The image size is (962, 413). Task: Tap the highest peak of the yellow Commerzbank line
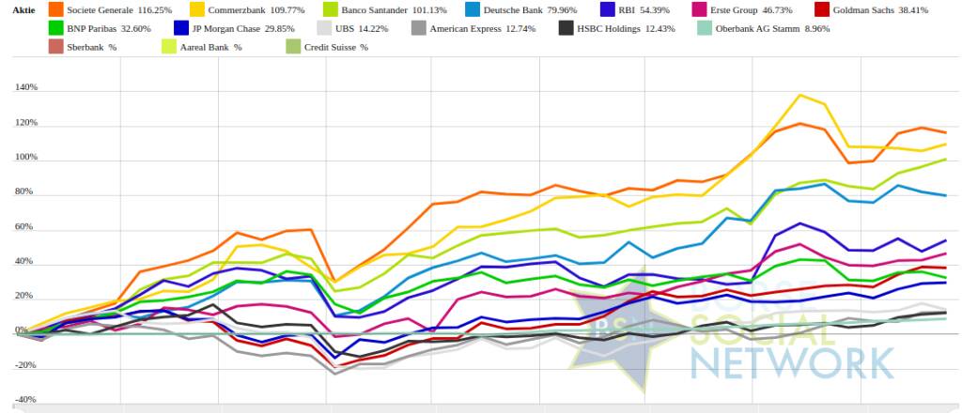[x=799, y=95]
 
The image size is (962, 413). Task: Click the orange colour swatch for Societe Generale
[x=55, y=8]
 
